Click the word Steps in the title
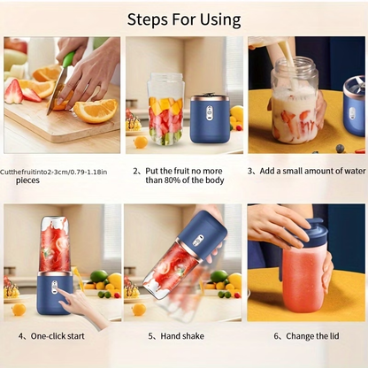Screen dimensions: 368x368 point(150,19)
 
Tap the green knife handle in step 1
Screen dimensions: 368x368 point(68,60)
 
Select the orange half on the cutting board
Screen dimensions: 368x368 point(95,110)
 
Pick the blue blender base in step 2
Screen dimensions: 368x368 point(209,119)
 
